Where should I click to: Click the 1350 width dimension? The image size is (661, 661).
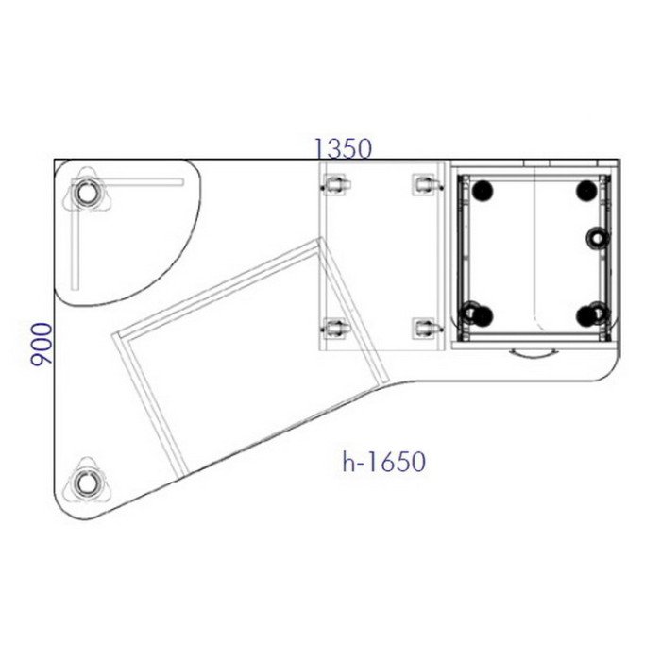click(344, 148)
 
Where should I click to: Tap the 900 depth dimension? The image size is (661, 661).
click(42, 344)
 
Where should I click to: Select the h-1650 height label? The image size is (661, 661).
click(383, 462)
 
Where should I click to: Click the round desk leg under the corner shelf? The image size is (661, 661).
click(87, 193)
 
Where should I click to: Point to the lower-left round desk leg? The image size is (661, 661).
click(87, 483)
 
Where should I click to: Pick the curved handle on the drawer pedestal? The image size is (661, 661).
click(534, 353)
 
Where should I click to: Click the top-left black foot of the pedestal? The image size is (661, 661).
click(482, 190)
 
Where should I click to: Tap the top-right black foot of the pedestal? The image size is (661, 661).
click(586, 190)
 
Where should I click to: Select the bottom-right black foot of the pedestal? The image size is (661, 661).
click(587, 314)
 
